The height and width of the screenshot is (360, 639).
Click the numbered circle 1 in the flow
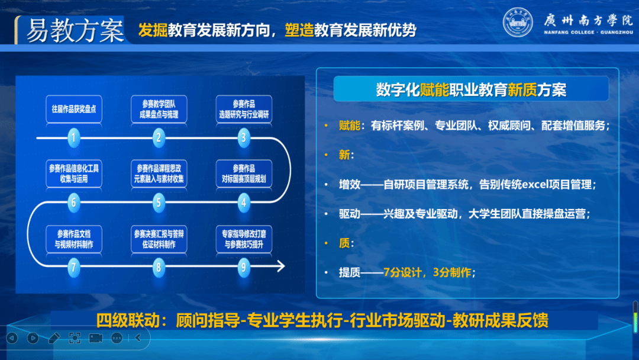(74, 138)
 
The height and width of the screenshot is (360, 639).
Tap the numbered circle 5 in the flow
(159, 202)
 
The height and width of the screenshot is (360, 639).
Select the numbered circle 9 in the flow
(244, 268)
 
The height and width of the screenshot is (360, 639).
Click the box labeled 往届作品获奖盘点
(74, 109)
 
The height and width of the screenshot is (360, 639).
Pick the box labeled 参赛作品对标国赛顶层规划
(244, 173)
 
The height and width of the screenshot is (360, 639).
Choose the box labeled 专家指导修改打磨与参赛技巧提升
(244, 239)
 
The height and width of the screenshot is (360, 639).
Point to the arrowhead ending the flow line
(281, 266)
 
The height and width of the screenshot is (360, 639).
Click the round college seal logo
(518, 22)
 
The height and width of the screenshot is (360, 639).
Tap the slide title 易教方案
(75, 31)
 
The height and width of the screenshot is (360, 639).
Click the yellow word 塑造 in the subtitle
(299, 30)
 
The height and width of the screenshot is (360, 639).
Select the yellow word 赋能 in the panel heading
(434, 89)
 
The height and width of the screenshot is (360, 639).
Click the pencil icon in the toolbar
(54, 338)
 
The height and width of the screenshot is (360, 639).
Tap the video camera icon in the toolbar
(96, 338)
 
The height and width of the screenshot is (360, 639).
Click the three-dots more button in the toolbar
(117, 338)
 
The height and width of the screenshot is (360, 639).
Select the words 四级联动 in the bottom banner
(128, 320)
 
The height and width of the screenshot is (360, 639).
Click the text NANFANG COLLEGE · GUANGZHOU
(589, 32)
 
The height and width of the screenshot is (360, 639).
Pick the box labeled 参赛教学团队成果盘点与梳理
(159, 109)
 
